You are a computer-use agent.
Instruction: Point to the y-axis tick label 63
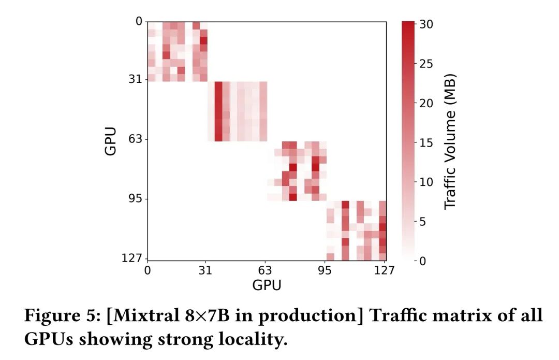point(136,139)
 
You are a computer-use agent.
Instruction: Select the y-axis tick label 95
point(136,199)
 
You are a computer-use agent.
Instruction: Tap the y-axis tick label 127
point(132,259)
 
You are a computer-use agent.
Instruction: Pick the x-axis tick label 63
point(266,270)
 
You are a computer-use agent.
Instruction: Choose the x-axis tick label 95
point(326,270)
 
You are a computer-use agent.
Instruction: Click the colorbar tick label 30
point(427,24)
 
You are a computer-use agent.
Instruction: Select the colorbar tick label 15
point(427,143)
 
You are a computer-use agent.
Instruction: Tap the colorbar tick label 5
point(423,222)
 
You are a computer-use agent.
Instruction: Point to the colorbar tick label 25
point(427,64)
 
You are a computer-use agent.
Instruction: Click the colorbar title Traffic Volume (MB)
point(451,141)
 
